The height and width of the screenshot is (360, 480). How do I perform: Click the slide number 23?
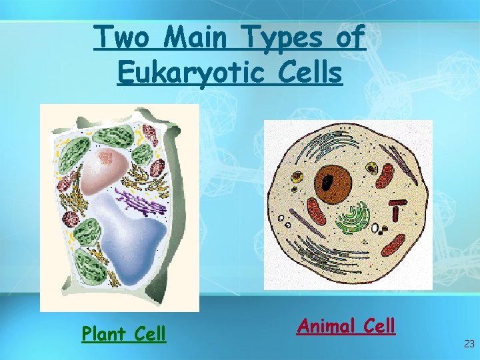(x=469, y=344)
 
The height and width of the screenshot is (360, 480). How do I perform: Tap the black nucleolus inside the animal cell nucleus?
(x=328, y=181)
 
